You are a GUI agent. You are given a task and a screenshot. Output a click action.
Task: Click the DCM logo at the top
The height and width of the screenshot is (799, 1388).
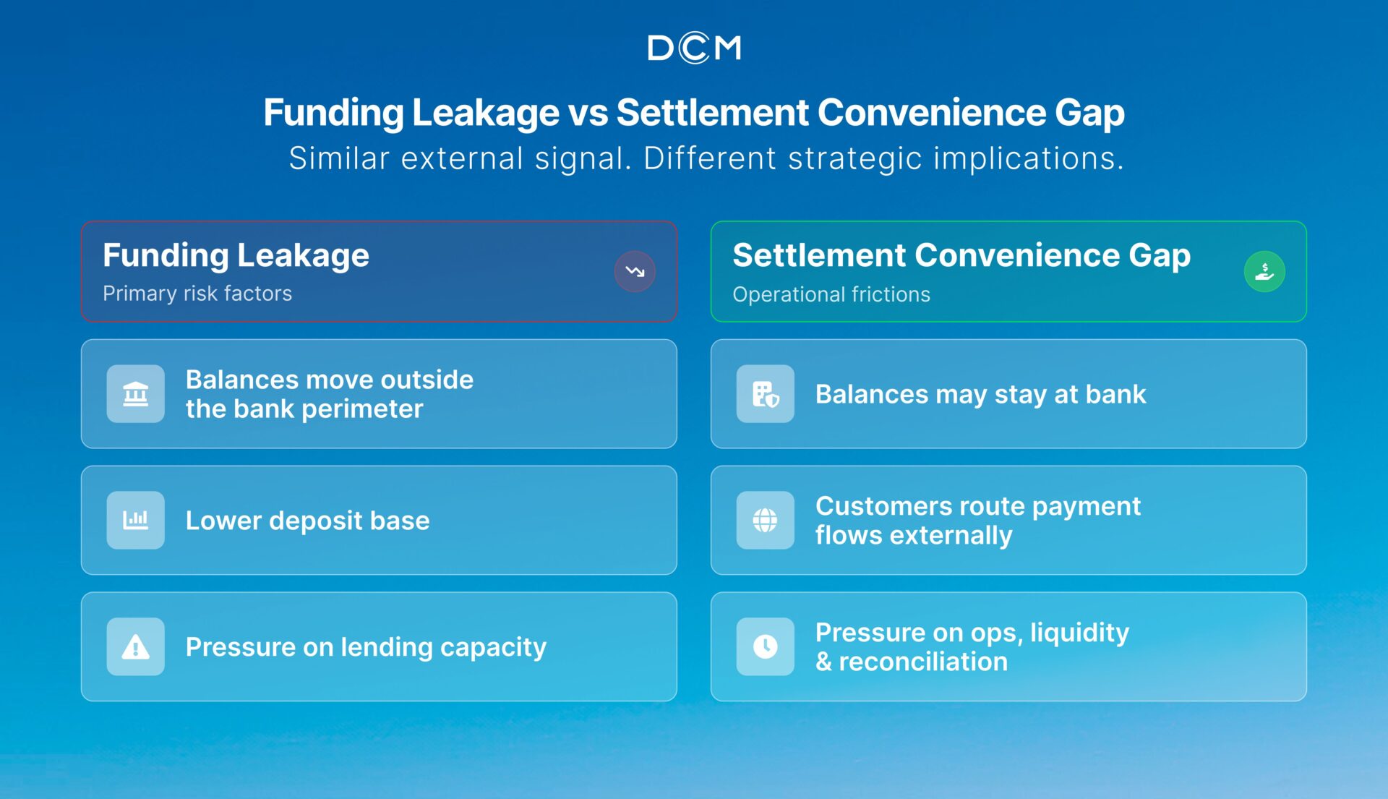coord(694,48)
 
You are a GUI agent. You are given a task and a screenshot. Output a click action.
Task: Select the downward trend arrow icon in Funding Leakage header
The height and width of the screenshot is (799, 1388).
coord(635,271)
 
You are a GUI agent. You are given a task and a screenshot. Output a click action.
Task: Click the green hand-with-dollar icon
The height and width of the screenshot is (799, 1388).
coord(1264,271)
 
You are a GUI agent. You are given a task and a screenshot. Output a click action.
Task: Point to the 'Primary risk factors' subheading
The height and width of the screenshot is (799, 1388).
coord(197,294)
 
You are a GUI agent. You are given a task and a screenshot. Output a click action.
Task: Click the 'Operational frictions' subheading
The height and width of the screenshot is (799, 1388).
coord(831,294)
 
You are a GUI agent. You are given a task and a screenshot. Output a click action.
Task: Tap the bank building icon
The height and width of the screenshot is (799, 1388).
coord(135,394)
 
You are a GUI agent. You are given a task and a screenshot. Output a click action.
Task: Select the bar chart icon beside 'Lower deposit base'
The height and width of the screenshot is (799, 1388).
coord(135,520)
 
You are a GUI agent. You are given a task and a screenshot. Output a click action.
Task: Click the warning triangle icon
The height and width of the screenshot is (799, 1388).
coord(135,646)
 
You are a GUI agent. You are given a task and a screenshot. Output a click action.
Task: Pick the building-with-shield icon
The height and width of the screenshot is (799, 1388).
coord(765,394)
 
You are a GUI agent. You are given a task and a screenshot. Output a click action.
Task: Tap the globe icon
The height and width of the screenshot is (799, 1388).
coord(765,520)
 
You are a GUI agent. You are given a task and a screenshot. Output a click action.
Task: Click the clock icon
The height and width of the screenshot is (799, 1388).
coord(765,646)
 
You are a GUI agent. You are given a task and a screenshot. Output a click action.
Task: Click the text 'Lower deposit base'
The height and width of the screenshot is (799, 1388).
coord(308,521)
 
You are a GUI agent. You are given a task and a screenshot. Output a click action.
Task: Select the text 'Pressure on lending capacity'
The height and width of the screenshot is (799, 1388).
coord(366,647)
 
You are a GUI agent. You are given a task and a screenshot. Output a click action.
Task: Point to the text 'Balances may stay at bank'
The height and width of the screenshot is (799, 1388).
coord(981,395)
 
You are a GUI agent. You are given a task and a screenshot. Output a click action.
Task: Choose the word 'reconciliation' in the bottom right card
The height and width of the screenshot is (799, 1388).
coord(923,662)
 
